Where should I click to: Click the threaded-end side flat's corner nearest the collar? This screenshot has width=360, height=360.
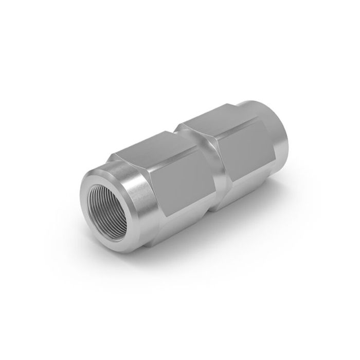click(x=154, y=175)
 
